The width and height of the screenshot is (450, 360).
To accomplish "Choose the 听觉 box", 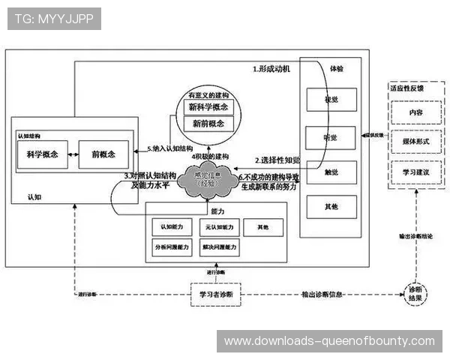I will pos(331,137).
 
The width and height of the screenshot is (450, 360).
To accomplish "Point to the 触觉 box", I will pos(331,171).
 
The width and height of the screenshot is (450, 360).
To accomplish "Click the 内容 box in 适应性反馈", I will pos(415,112).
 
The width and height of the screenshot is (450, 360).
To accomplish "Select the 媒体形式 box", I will pos(415,141).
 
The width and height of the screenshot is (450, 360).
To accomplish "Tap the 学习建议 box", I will pos(415,172).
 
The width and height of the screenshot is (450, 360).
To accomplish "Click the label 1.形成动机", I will pos(271,68).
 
